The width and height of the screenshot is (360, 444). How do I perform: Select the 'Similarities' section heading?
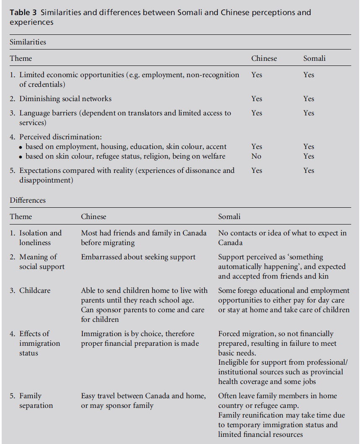pos(28,42)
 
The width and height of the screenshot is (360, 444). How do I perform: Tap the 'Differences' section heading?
pos(28,200)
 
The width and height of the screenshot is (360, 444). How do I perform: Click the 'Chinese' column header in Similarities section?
pos(264,58)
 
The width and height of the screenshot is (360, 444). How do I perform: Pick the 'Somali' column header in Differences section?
pos(229,217)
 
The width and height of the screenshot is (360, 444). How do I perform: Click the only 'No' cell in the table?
pos(256,156)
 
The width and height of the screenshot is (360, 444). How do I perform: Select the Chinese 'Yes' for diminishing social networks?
pos(256,99)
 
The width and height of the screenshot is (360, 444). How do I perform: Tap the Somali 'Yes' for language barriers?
pos(309,113)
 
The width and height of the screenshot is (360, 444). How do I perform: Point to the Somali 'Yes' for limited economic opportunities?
pos(309,75)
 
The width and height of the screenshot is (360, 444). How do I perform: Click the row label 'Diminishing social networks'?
pos(65,99)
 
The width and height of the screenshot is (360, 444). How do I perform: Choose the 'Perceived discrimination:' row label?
pos(61,137)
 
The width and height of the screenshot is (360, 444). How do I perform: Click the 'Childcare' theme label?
pos(35,290)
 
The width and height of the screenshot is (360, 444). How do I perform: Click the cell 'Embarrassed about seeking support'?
pos(138,257)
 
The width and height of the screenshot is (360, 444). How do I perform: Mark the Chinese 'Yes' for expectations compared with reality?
pos(256,170)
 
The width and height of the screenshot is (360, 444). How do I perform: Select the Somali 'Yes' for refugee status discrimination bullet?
pos(309,156)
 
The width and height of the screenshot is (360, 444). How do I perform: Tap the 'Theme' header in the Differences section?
pos(21,217)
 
